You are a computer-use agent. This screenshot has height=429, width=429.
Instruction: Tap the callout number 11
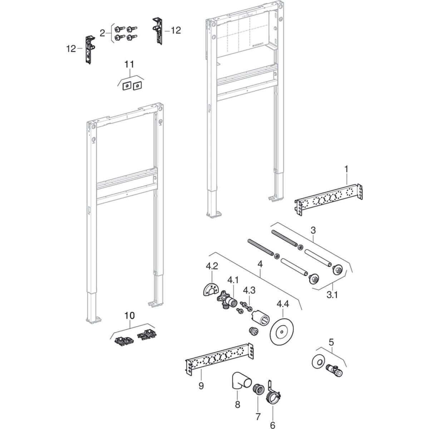[x=129, y=64]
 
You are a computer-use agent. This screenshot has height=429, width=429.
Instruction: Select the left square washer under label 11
[x=126, y=86]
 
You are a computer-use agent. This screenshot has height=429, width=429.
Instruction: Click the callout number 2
[x=102, y=33]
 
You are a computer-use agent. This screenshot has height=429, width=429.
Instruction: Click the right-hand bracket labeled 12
[x=158, y=30]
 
